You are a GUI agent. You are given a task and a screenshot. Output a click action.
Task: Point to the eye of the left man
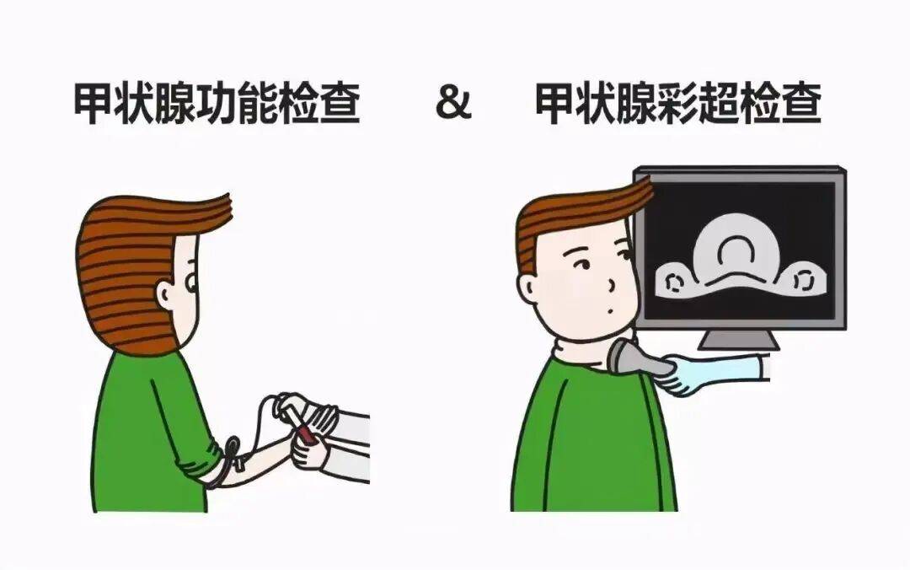[192, 283]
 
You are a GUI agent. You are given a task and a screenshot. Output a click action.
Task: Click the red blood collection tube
[303, 429]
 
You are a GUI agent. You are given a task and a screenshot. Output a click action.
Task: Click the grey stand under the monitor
[737, 339]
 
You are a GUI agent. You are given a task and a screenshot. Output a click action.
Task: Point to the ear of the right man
[527, 288]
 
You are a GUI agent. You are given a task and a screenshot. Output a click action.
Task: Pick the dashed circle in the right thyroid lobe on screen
[803, 281]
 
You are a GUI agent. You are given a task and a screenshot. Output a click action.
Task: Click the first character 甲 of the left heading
[94, 104]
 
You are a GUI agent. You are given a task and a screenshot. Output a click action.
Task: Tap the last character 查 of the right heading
[801, 104]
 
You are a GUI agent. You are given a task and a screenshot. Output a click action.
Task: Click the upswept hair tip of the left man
[227, 205]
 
